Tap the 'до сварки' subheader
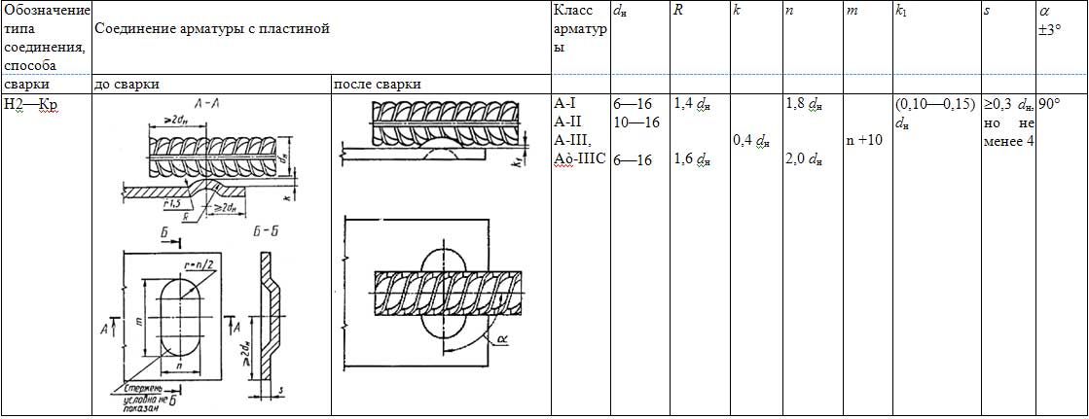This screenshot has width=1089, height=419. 126,84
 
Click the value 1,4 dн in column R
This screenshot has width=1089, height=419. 691,102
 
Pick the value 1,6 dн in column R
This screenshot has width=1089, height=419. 691,160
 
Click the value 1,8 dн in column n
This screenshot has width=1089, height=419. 803,102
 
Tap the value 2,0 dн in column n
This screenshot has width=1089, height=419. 803,160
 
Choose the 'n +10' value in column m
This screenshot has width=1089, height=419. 864,140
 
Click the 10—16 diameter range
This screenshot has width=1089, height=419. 636,122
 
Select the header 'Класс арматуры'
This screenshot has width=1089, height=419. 579,29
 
